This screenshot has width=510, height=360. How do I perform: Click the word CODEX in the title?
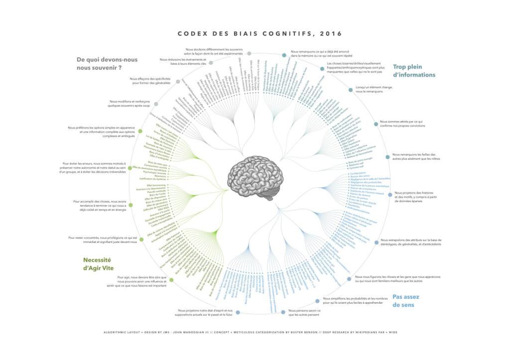click(x=192, y=34)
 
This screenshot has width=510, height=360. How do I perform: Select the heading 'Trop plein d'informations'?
click(x=414, y=71)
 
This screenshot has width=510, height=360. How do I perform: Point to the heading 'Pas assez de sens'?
click(x=405, y=300)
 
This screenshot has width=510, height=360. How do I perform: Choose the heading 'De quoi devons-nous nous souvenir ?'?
click(x=107, y=63)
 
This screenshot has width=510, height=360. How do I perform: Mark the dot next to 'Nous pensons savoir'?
click(x=283, y=312)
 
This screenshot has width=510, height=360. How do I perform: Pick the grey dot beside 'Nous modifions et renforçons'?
click(x=157, y=104)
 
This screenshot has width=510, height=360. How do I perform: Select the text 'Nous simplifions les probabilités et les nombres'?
click(x=355, y=300)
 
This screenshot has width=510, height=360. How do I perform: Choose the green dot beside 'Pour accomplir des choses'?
click(x=130, y=205)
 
